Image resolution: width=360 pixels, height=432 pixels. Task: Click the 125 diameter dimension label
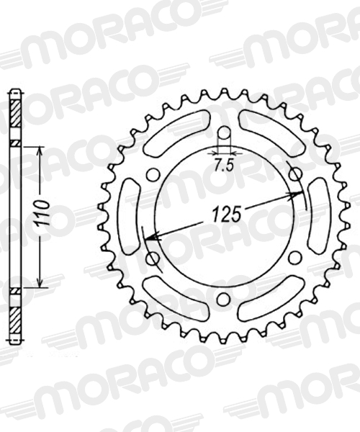point(225,214)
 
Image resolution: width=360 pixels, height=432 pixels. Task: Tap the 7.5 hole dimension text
point(224,166)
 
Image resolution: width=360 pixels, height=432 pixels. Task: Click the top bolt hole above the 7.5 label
point(224,134)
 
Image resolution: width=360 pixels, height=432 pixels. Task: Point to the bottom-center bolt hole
point(224,298)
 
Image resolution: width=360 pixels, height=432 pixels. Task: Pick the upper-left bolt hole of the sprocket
point(153,175)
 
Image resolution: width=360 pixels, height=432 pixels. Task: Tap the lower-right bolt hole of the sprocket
point(294,257)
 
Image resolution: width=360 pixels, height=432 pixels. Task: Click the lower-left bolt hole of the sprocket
point(153,258)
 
